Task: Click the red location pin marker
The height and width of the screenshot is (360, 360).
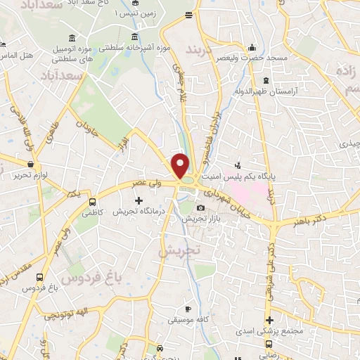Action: (181, 165)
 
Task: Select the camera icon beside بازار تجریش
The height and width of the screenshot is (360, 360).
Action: (201, 207)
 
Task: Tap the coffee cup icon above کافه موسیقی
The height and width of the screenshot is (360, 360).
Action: (188, 309)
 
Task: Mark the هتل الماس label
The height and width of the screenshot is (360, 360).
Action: (15, 55)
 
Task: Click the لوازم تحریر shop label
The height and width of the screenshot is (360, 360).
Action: (28, 175)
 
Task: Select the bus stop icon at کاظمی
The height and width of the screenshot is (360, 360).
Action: (92, 200)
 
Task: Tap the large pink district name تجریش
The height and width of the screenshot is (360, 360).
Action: (179, 250)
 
